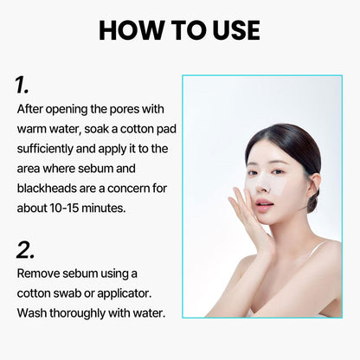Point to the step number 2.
click(x=25, y=250)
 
